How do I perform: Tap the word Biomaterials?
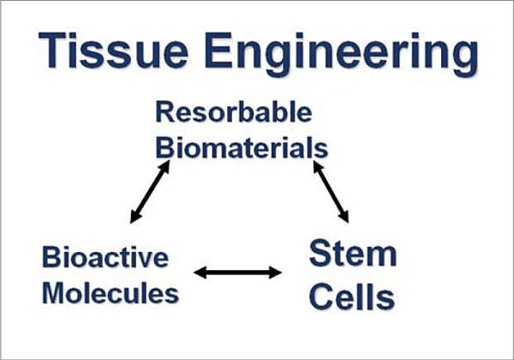(241, 147)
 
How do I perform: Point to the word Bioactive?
(105, 256)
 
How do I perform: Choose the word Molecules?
(111, 294)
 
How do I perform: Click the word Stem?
(352, 255)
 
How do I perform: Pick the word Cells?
(351, 297)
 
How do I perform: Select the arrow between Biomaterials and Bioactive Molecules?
(150, 191)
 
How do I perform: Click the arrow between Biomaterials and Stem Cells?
(331, 191)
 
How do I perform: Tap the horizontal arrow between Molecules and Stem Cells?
(237, 273)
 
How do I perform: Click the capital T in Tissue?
(52, 54)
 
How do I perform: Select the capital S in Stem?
(320, 254)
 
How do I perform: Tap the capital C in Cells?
(321, 297)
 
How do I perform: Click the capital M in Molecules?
(56, 294)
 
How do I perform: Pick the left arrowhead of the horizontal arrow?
(200, 273)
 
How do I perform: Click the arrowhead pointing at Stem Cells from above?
(344, 217)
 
